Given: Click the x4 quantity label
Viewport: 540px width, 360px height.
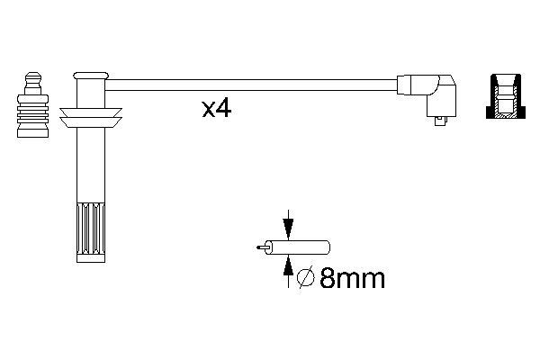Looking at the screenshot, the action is tap(217, 109).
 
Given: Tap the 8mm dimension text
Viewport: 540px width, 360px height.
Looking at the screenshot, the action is tap(352, 278).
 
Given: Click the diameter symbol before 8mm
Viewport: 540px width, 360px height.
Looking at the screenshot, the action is tap(306, 277).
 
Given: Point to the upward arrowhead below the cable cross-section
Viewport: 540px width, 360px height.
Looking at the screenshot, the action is tap(288, 265).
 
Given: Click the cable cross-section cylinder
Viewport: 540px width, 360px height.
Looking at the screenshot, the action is tap(297, 247).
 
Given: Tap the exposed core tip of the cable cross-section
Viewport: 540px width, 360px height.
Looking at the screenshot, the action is tap(261, 247).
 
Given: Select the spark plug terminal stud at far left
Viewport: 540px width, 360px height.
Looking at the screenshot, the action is tap(32, 105).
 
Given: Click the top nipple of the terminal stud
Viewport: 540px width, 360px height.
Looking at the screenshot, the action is tap(33, 78).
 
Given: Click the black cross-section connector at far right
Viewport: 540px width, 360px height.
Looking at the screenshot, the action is tap(506, 96).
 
